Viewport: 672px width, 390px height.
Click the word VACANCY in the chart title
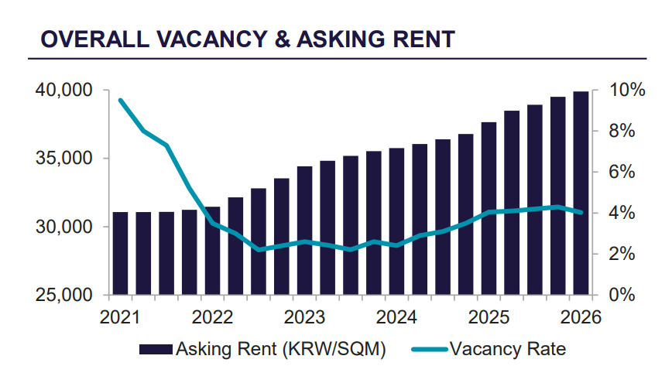[212, 39]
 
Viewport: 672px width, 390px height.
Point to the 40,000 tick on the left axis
[63, 91]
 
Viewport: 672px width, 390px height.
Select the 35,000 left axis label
[63, 159]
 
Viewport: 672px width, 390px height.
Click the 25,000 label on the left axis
[63, 295]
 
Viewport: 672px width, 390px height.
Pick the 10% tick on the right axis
[627, 91]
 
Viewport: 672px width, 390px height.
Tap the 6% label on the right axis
[622, 173]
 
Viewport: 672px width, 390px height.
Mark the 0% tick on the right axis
[622, 295]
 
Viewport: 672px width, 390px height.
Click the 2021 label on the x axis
[120, 317]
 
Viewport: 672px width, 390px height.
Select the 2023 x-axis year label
[304, 317]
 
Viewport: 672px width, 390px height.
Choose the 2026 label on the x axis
[581, 317]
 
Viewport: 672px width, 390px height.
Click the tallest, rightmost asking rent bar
[581, 193]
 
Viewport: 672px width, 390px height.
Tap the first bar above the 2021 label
[121, 253]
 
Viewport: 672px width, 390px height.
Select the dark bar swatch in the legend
[156, 349]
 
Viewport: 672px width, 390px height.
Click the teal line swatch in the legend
[430, 349]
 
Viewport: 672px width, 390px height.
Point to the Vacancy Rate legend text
[508, 349]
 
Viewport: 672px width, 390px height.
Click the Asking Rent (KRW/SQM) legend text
[281, 349]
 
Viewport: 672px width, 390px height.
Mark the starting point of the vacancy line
[121, 101]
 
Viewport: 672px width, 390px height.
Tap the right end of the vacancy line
[581, 212]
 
